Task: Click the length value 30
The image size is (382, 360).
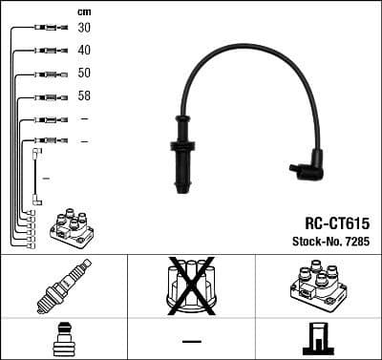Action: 84,28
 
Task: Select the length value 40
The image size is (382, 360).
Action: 84,50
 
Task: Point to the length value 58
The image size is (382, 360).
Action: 84,96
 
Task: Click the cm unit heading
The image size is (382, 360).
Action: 84,11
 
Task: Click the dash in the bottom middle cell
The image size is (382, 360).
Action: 191,341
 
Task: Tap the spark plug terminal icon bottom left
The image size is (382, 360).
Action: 62,340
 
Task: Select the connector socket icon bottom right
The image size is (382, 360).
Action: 318,340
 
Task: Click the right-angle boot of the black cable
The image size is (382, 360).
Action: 308,169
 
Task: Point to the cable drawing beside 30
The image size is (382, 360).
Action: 45,28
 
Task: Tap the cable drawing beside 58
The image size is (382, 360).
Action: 45,96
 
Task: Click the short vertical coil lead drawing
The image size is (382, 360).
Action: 36,177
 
